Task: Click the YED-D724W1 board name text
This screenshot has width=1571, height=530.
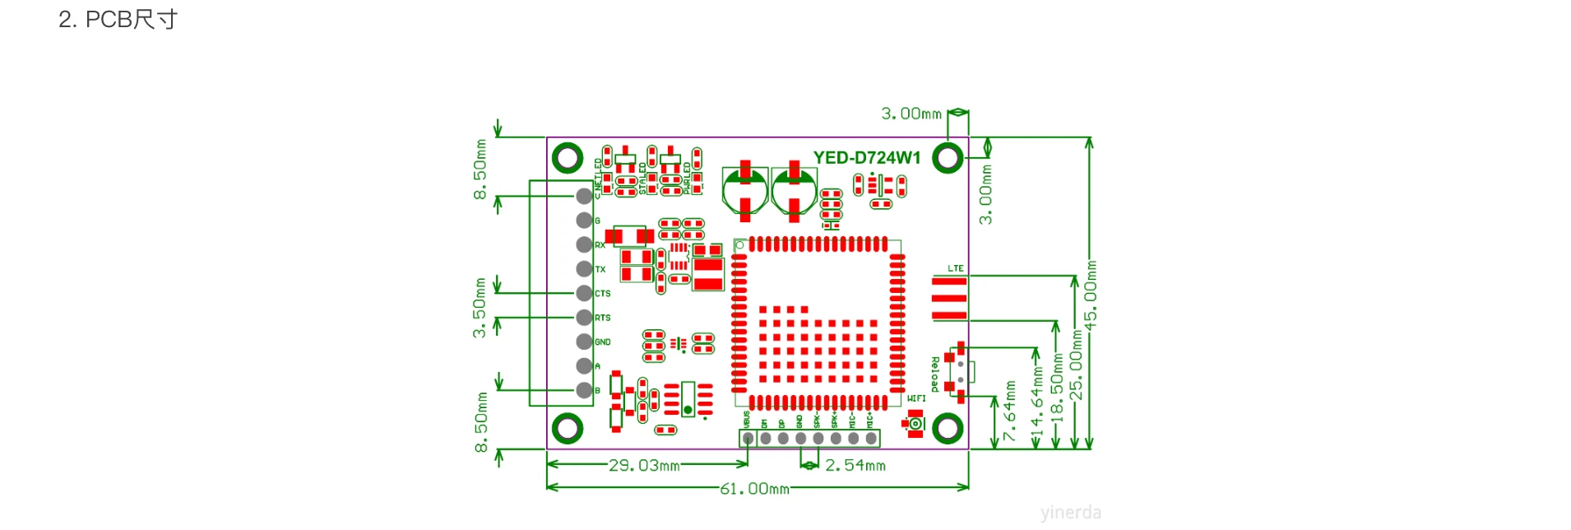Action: coord(867,158)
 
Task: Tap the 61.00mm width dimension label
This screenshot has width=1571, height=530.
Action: coord(754,489)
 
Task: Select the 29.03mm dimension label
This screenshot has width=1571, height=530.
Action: coord(644,466)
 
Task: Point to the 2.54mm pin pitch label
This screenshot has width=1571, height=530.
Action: coord(855,466)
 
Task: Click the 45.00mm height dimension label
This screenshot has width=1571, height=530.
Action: coord(1091,295)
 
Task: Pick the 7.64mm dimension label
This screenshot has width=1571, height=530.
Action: coord(1009,411)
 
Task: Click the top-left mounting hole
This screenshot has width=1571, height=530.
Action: coord(568,157)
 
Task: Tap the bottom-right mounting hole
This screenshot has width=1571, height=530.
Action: coord(948,428)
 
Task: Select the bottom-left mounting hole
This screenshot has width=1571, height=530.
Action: coord(568,428)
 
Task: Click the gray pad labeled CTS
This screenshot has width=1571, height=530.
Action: coord(584,293)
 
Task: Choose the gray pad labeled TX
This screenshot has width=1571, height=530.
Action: coord(584,269)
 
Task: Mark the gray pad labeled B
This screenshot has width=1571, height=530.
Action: coord(584,390)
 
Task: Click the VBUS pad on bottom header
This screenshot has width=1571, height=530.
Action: coord(748,439)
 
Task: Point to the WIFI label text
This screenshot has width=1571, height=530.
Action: coord(916,399)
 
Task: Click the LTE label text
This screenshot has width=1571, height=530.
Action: coord(955,269)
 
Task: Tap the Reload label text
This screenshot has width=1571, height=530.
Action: coord(935,374)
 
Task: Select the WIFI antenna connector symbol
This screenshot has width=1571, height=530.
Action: coord(915,424)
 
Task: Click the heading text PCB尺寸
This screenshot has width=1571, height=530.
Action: coord(132,20)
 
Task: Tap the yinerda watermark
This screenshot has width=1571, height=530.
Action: coord(1070,513)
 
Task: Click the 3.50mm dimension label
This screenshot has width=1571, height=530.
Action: coord(480,307)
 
